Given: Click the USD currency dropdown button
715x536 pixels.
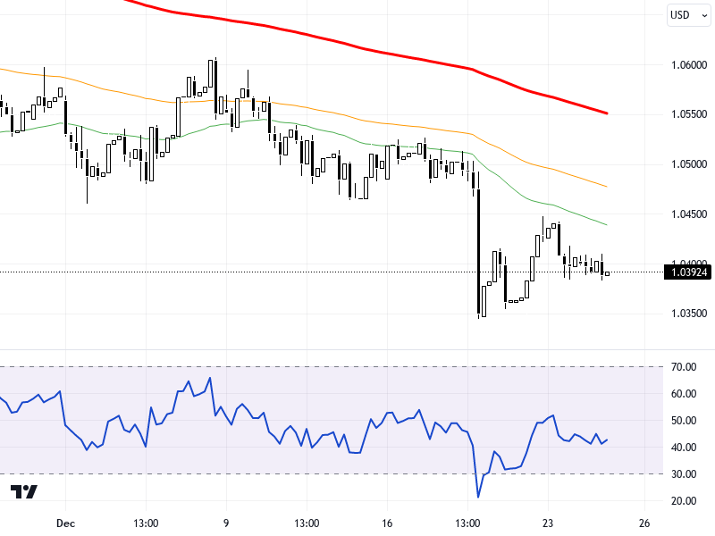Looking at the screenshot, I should (685, 14).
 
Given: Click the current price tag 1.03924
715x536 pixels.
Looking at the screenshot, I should (688, 272).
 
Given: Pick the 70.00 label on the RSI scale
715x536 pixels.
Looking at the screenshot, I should (686, 366).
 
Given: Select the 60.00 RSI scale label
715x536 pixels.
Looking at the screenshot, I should (686, 393).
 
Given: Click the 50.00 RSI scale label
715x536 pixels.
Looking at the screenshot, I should (686, 420).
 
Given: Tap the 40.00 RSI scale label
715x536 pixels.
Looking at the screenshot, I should (686, 447).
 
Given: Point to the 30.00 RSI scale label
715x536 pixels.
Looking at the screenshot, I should (686, 473).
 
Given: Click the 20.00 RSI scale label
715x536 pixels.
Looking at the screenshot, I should (686, 500).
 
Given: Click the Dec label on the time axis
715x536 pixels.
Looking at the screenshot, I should (63, 523).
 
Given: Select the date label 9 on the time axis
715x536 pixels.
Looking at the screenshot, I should (225, 523).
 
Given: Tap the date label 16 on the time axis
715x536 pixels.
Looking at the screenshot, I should (387, 523).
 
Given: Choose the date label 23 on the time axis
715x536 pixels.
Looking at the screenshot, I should (549, 523).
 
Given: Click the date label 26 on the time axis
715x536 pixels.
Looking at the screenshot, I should (643, 523).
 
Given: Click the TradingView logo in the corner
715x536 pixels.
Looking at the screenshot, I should (24, 492).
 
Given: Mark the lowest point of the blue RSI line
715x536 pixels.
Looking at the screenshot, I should (479, 497).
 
